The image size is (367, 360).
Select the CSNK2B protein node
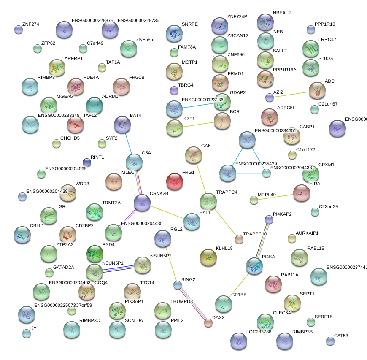coord(142,203)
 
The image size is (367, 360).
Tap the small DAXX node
coord(208,323)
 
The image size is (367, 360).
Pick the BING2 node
coord(178,285)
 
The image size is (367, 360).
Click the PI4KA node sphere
coord(254,266)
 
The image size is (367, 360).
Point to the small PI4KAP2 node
coord(269,219)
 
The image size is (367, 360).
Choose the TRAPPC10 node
coord(239,239)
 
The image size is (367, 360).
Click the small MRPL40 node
coord(254,200)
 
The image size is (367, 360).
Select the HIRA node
coord(302,193)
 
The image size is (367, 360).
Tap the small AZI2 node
coord(270,97)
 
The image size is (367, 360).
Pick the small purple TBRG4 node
coord(174,90)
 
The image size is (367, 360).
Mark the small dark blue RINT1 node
coord(87,162)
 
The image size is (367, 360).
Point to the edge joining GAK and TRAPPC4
coord(200,177)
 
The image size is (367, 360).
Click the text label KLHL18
coord(224,249)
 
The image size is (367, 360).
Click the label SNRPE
coord(189,24)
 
